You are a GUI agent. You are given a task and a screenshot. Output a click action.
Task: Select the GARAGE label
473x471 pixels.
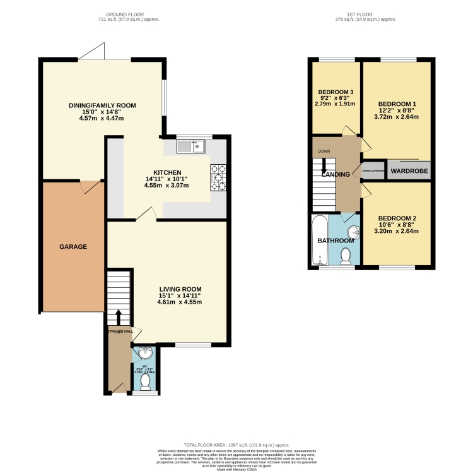coord(73,246)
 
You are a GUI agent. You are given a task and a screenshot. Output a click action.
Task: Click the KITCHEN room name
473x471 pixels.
coord(167,172)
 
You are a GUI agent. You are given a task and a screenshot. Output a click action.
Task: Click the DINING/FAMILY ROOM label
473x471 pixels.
coord(102,105)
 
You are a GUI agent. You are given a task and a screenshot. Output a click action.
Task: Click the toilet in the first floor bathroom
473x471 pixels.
coord(346,255)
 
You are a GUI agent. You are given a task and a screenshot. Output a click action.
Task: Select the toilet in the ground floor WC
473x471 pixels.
coord(146,381)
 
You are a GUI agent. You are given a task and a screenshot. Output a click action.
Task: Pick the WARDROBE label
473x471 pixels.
coord(408,170)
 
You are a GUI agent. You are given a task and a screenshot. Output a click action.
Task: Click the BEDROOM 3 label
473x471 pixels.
coord(336,92)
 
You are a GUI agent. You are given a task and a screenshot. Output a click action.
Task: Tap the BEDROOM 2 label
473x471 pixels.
coord(397,218)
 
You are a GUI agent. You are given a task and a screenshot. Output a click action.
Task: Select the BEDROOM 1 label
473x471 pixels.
coord(397,104)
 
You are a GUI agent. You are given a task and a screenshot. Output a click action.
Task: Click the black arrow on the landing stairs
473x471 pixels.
coord(324,165)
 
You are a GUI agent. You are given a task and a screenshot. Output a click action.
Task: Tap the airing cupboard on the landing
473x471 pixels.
coord(373,170)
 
